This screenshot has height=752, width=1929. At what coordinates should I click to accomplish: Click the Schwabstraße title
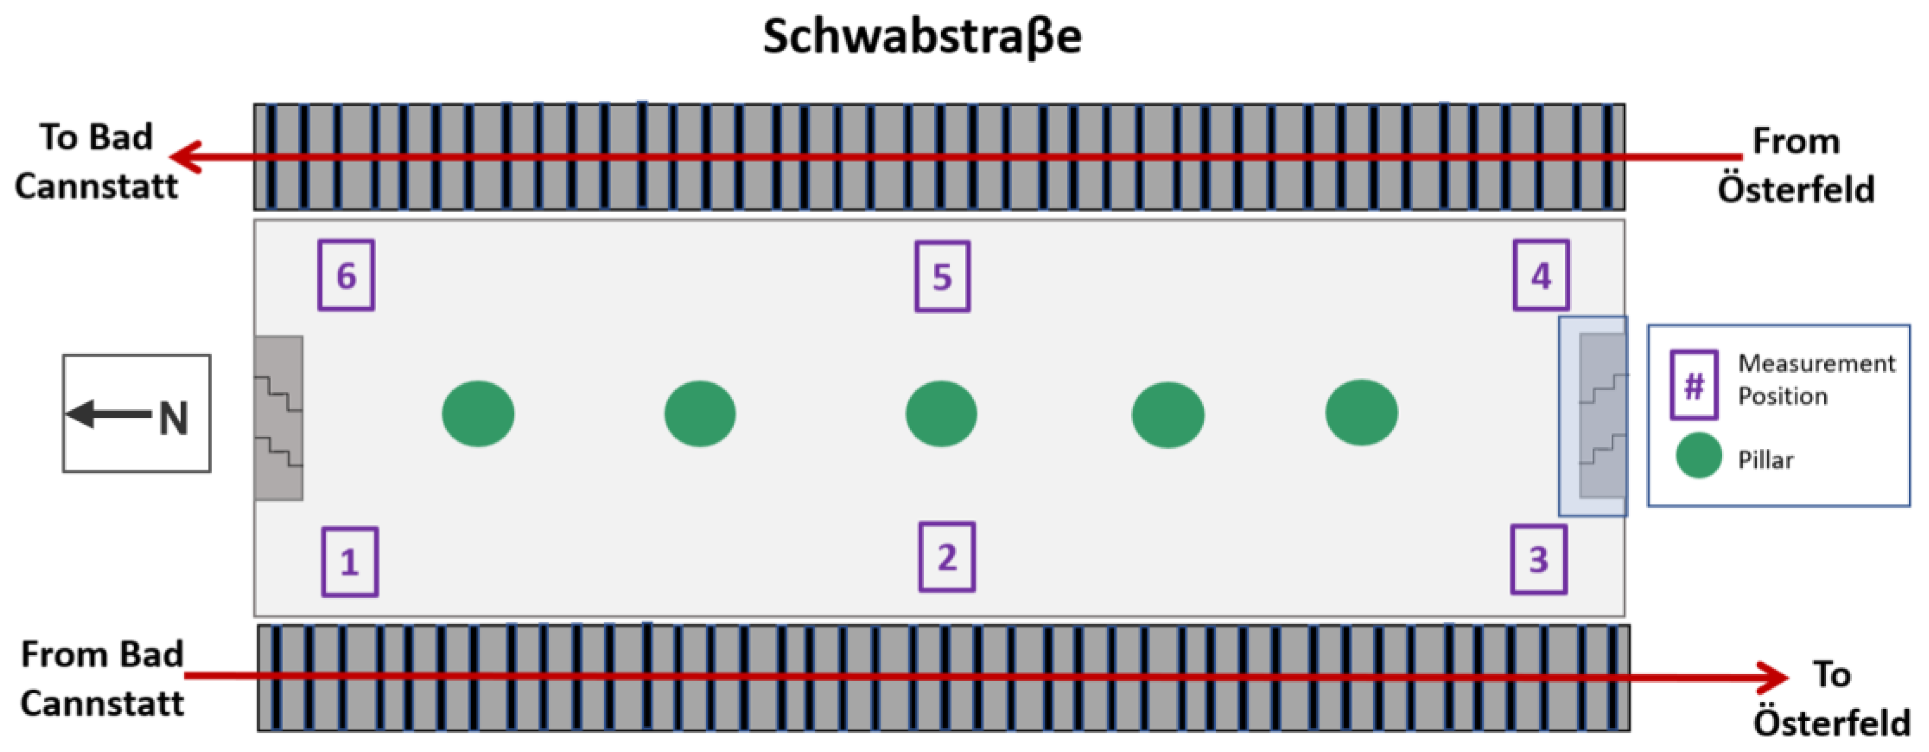click(922, 37)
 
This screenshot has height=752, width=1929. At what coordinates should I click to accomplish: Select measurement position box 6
click(346, 275)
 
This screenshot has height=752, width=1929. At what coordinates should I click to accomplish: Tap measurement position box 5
click(942, 277)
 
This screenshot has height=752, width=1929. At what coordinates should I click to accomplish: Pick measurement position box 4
click(1540, 275)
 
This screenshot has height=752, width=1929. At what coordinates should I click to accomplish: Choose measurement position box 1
click(350, 562)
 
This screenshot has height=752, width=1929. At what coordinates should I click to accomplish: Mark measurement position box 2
click(946, 557)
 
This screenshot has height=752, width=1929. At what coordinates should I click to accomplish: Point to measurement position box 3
click(1538, 560)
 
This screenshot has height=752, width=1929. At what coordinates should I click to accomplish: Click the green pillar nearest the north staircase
click(477, 414)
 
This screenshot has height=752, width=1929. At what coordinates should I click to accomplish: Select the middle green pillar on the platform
click(941, 414)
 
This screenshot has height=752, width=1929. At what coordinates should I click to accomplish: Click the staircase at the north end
click(279, 418)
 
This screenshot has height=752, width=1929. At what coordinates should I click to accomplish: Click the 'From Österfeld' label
click(1796, 165)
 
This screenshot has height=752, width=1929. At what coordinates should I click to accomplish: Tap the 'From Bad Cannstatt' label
click(102, 679)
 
